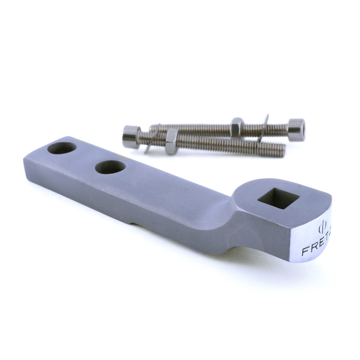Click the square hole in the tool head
coord(278,198)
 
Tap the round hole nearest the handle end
coord(62,148)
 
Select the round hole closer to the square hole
coord(110,167)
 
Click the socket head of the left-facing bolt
coord(131,137)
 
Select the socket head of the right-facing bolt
coord(296,130)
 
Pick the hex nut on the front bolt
coord(172,141)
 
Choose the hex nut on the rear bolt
coord(237,127)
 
